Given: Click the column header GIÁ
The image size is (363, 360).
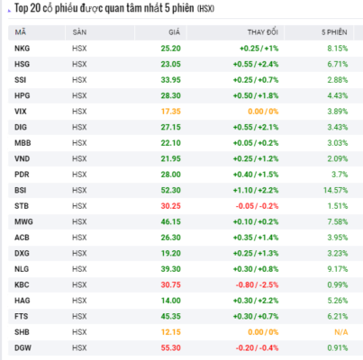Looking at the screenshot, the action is click(x=174, y=32).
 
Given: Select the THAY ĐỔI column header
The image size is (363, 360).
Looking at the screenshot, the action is click(x=263, y=32).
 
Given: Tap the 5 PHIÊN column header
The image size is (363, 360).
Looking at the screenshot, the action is click(x=334, y=32).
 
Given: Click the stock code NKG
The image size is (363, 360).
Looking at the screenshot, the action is click(x=23, y=49).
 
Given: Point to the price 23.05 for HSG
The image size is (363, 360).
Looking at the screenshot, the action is click(x=171, y=64).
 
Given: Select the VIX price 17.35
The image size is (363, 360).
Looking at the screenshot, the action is click(x=171, y=112).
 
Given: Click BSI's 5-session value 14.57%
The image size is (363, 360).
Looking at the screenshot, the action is click(x=336, y=190).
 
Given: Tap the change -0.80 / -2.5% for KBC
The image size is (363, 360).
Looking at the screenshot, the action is click(x=257, y=284).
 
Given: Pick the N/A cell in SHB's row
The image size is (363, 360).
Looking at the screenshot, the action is click(x=341, y=332).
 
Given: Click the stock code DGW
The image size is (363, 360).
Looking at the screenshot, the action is click(x=23, y=348).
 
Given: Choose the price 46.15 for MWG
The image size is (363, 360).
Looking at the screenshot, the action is click(x=171, y=221).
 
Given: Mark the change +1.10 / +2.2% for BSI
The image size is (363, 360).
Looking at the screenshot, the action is click(x=256, y=190).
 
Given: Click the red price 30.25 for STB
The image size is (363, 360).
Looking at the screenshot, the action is click(x=171, y=206).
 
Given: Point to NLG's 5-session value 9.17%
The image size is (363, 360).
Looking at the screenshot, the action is click(x=338, y=269).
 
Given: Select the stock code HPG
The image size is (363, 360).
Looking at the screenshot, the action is click(x=23, y=95).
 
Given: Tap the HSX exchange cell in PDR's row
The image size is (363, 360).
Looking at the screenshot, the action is click(x=79, y=175).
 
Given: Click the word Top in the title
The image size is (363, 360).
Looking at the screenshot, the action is click(x=21, y=8).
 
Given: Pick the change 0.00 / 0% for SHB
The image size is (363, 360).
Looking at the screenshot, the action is click(x=263, y=332).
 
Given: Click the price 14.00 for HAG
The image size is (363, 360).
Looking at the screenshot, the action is click(x=171, y=301).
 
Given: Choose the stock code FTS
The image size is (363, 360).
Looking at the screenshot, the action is click(x=22, y=317).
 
